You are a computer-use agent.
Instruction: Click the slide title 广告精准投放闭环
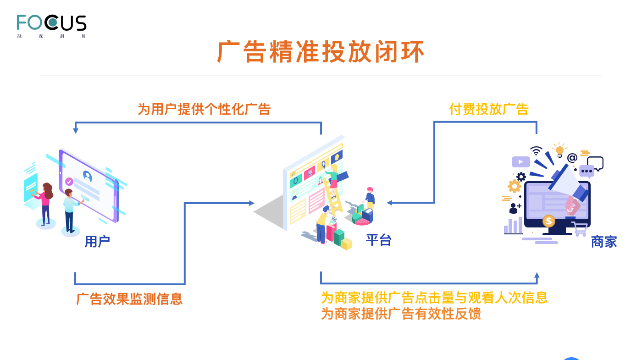point(321,52)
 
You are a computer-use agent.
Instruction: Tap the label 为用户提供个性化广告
point(204,109)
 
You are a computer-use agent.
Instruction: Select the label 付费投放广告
point(488,109)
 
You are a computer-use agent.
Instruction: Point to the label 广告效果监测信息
point(129,299)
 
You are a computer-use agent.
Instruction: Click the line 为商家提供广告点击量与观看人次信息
point(434,298)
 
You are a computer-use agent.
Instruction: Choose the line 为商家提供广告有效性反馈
point(400,314)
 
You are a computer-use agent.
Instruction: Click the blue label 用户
point(97,242)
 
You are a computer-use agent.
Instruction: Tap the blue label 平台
point(378,240)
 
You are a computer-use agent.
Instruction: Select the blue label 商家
point(603,242)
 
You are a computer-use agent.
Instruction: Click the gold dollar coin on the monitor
point(548,221)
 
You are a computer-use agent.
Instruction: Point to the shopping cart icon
point(580,228)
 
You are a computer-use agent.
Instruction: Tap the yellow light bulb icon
point(559,150)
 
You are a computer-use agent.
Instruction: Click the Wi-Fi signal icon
point(536,151)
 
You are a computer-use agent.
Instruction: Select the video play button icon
point(520,162)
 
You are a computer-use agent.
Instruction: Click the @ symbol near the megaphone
point(572,158)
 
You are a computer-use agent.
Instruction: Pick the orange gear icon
point(515,186)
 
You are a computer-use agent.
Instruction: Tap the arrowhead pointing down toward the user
point(76,131)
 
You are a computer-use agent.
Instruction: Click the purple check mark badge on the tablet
point(69,182)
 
